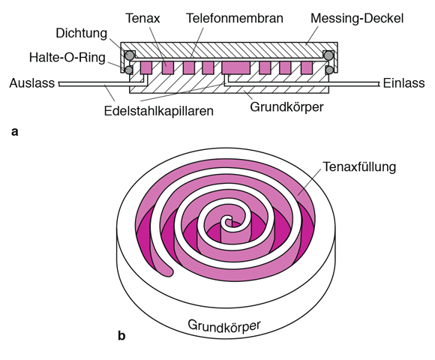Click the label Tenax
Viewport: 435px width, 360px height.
pos(142,18)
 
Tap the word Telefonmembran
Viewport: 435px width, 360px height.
pos(235,18)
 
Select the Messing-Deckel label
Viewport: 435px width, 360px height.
pos(357,19)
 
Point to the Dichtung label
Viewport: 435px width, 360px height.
pos(81,33)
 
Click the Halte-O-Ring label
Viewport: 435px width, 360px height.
pos(67,58)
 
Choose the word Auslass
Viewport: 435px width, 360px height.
pos(32,83)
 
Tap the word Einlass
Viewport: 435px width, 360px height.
pos(403,83)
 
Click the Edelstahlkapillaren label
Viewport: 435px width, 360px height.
pos(159,111)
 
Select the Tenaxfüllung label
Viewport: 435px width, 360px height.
pos(359,167)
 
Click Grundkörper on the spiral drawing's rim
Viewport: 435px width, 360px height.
pos(224,325)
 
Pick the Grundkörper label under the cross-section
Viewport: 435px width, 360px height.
pos(286,107)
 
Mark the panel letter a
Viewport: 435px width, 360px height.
pos(15,132)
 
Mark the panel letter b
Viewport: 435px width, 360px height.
pos(121,335)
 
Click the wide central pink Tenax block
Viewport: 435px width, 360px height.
pos(235,68)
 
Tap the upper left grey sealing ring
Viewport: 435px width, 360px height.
pos(129,55)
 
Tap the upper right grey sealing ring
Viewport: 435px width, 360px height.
pos(328,55)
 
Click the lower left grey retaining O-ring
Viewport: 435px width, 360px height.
pos(128,70)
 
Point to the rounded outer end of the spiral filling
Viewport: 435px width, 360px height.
pos(167,272)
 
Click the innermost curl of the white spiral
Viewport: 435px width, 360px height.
pos(228,221)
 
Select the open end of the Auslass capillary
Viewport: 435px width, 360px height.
pos(59,84)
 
